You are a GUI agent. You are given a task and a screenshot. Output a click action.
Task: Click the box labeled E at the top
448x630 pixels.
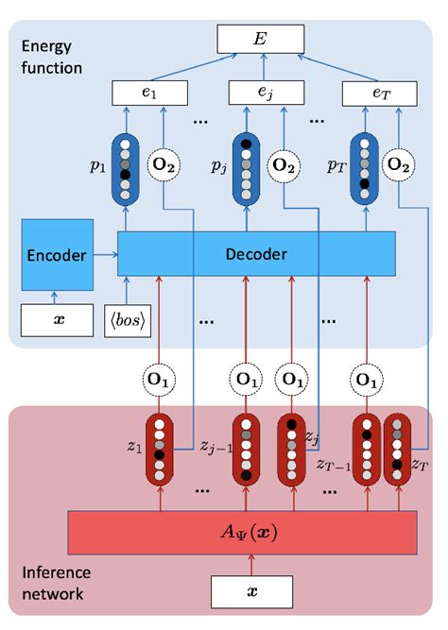(x=261, y=39)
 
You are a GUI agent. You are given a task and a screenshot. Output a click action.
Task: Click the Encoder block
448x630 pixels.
(x=58, y=254)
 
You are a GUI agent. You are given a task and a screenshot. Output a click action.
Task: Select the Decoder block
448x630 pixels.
(x=255, y=254)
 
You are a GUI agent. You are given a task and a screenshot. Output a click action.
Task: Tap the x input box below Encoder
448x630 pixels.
(x=57, y=318)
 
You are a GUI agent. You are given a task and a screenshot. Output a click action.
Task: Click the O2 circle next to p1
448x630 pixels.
(x=164, y=165)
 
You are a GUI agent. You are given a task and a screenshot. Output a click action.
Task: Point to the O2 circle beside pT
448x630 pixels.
(x=397, y=165)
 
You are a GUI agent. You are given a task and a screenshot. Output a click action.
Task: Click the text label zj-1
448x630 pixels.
(x=216, y=444)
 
